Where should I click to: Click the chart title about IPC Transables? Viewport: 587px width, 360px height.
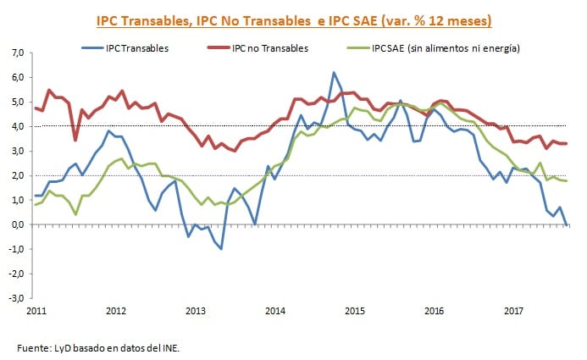point(294,19)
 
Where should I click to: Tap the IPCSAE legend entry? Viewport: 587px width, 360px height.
point(446,48)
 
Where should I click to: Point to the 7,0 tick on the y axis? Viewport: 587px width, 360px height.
point(16,53)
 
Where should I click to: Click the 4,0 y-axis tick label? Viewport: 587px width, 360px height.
point(16,126)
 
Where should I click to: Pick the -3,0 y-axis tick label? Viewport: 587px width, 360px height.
point(14,298)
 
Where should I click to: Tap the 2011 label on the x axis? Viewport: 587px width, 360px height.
point(36,312)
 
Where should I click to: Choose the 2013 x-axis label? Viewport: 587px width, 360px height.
point(196,312)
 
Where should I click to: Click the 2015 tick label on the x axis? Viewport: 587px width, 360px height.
point(356,312)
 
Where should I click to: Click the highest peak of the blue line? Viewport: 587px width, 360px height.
point(334,73)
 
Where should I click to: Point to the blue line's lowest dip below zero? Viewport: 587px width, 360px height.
point(221,248)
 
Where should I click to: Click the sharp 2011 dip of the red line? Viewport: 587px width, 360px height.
point(75,140)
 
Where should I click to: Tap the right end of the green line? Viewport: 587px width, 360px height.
point(566,180)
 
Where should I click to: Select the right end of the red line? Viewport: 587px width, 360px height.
point(566,143)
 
